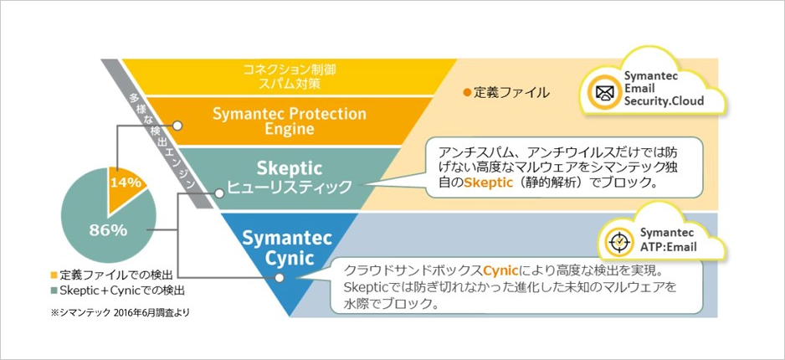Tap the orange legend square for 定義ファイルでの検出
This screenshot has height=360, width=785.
point(54,275)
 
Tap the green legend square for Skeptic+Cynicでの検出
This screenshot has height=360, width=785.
point(54,290)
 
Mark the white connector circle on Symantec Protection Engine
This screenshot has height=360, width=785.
point(177,125)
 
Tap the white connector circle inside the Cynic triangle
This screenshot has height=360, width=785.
point(280,278)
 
